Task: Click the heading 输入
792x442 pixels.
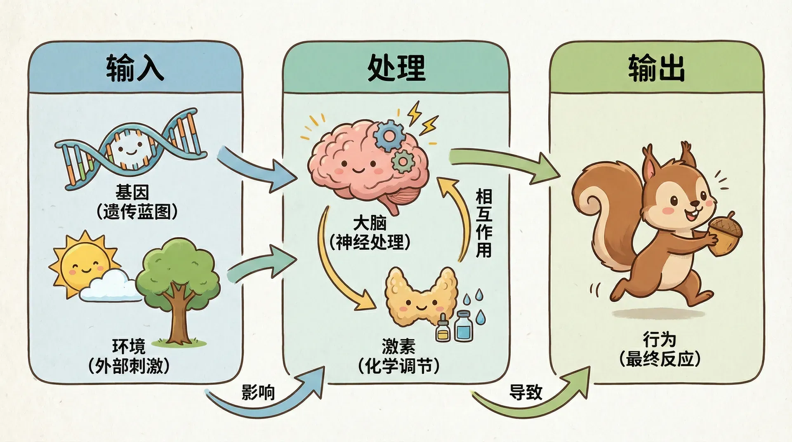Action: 135,68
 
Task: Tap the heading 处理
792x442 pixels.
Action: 396,68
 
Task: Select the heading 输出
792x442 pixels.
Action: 657,68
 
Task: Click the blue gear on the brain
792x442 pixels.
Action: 387,136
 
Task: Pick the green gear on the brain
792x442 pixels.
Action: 402,161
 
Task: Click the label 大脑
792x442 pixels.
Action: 370,223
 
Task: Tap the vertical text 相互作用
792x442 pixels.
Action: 484,223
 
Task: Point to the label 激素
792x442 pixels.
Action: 398,346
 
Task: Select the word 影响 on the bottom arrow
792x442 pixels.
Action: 258,393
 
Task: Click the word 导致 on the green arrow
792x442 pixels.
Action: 526,393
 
